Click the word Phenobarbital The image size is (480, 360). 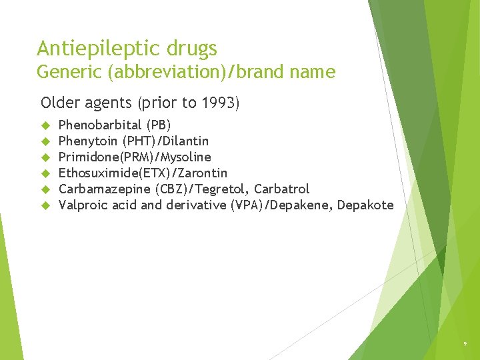[x=100, y=125]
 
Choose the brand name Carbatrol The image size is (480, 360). [x=282, y=189]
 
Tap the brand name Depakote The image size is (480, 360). [x=365, y=205]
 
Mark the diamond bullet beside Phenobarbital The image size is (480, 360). [x=46, y=125]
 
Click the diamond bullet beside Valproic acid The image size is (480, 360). [x=46, y=205]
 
